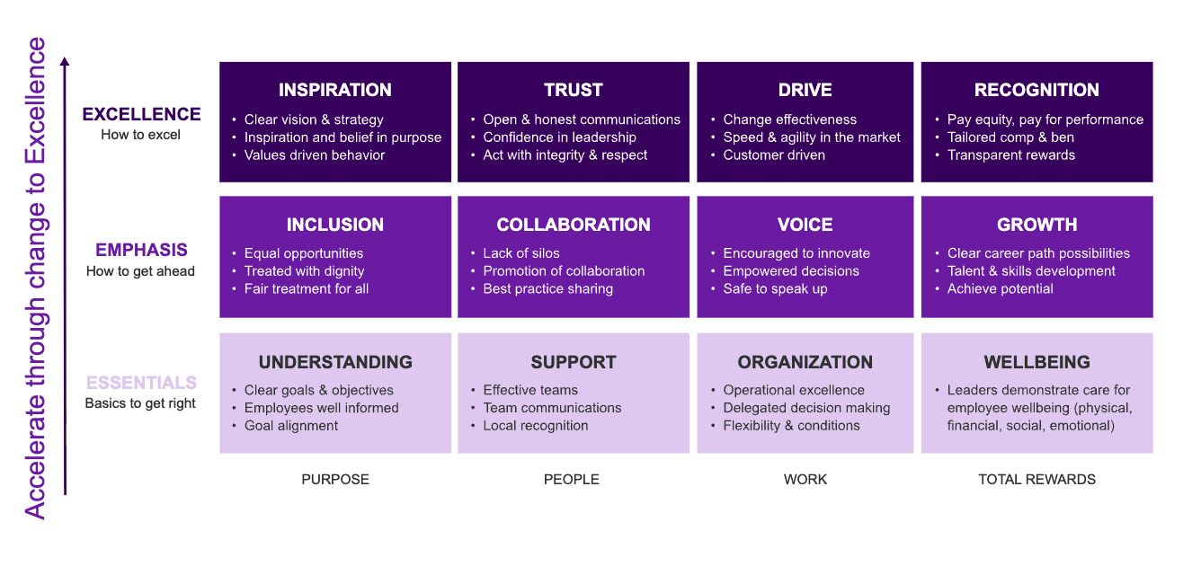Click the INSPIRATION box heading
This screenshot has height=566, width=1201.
point(334,90)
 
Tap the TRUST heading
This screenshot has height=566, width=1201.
point(573,90)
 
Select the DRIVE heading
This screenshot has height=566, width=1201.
point(805,90)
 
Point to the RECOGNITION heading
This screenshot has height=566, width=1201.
point(1036,90)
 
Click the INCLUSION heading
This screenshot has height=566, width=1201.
point(334,225)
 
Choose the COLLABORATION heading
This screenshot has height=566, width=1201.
point(573,225)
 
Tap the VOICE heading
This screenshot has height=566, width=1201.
point(805,225)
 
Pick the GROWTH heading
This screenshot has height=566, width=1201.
point(1036,225)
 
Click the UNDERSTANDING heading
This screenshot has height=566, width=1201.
point(334,362)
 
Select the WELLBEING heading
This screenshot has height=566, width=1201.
point(1036,362)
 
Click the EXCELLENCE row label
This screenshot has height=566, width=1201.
point(141,114)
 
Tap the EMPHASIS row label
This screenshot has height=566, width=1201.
point(141,251)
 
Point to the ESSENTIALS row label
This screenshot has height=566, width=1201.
point(141,384)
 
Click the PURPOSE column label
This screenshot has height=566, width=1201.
point(334,480)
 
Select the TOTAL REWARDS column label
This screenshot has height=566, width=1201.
point(1036,480)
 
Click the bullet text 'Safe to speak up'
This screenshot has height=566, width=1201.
point(775,289)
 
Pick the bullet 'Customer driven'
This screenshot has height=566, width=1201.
point(774,155)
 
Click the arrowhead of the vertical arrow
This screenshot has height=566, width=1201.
point(65,62)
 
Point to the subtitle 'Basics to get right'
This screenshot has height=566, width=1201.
point(140,403)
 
